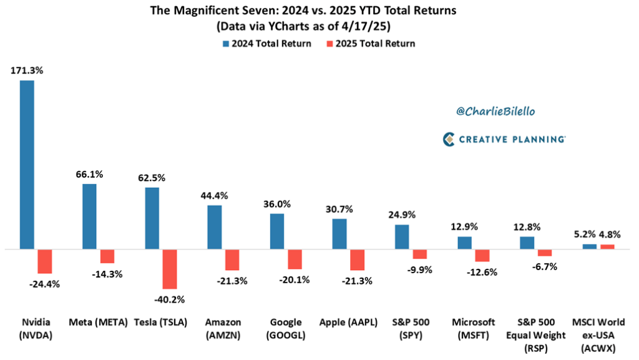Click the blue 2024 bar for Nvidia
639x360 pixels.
(27, 165)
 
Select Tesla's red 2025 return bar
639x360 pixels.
(170, 269)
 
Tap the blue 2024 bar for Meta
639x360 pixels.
(89, 216)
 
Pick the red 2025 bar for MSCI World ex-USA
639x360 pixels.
(607, 246)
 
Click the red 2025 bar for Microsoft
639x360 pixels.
(482, 255)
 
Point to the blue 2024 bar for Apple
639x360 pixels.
(339, 234)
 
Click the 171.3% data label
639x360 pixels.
(27, 71)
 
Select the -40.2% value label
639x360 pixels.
(170, 299)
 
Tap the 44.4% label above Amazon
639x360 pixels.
(214, 195)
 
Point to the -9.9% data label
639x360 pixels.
(420, 269)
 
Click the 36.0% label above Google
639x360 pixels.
(276, 203)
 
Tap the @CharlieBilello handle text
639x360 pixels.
(495, 110)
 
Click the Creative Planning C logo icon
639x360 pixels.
(448, 140)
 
